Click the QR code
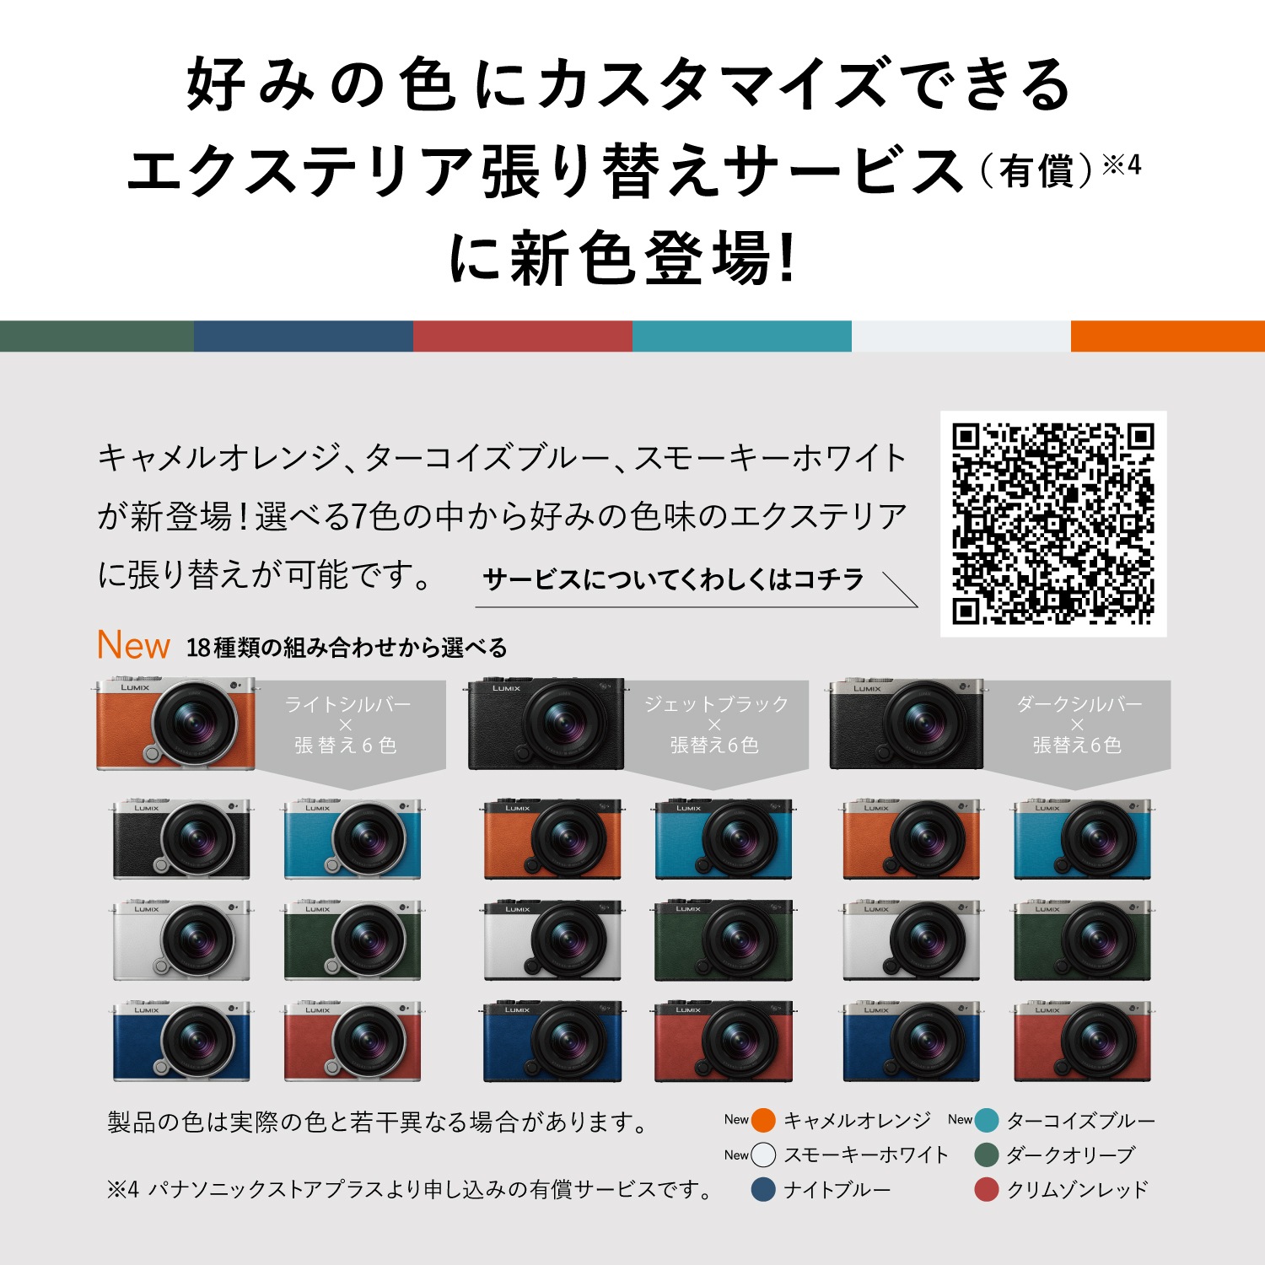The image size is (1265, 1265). (x=1052, y=524)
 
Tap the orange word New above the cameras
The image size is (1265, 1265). (x=133, y=645)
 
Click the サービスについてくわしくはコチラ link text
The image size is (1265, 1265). (x=673, y=579)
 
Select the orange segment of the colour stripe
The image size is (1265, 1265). (x=1167, y=336)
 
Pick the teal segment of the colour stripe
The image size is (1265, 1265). (x=741, y=336)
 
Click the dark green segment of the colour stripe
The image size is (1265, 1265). (x=96, y=336)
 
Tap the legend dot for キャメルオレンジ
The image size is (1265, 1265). (x=763, y=1121)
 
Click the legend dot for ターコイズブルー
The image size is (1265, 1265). (x=987, y=1121)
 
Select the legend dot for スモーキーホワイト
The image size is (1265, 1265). (x=763, y=1155)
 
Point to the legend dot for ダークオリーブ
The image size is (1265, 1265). (x=987, y=1155)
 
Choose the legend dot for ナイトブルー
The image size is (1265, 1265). (x=763, y=1189)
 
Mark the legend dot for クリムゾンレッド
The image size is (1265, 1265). (x=987, y=1189)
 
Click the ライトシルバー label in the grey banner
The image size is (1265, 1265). (x=347, y=704)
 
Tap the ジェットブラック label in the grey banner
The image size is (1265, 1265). (x=716, y=704)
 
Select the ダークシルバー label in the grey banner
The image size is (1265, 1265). (x=1079, y=704)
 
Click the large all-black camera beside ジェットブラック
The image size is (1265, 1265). (x=546, y=724)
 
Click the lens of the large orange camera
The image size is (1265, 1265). (x=194, y=724)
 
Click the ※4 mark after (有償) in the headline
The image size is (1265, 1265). (x=1122, y=165)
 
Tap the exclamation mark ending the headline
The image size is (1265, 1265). (x=788, y=257)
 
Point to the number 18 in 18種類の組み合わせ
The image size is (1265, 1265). (x=198, y=648)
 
